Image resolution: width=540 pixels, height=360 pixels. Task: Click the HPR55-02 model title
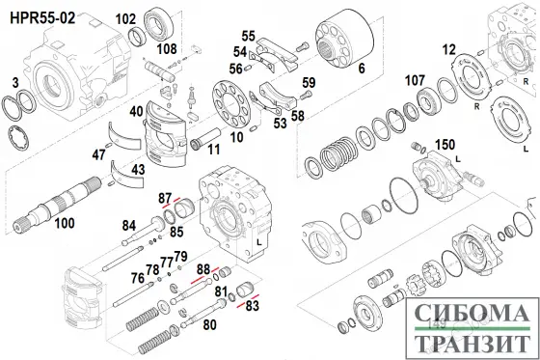point(42,17)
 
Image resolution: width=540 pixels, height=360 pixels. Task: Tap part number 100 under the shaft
point(65,224)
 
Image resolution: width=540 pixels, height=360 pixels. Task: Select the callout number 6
point(362,69)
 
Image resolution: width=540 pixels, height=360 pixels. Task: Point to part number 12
point(448,50)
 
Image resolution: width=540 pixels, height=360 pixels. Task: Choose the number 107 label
point(415,80)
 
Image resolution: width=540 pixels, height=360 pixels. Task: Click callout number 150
point(445,145)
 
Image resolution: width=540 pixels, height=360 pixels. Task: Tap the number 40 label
point(136,111)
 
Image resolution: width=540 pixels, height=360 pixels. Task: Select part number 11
point(213,150)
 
